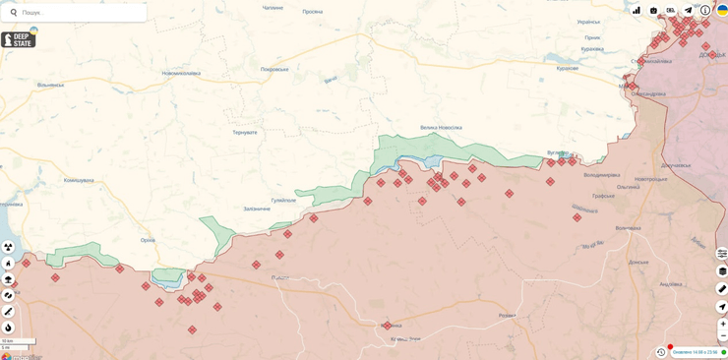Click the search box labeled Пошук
79,13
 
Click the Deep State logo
19,39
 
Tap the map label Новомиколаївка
181,73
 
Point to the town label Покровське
274,69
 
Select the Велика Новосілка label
441,127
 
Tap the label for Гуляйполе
283,200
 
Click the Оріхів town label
148,240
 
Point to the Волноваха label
629,228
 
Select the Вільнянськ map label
50,85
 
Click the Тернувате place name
244,132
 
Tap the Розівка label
507,315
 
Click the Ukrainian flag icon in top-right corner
722,10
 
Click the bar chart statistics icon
637,11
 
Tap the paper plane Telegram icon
688,11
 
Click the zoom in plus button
722,324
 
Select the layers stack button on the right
722,271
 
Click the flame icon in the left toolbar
8,329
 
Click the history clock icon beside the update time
661,352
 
